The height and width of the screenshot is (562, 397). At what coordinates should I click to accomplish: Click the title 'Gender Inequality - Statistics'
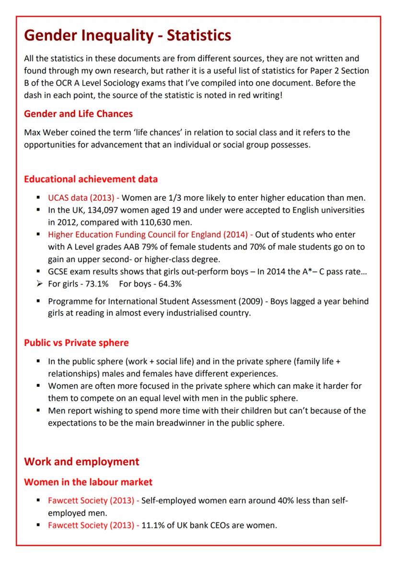pyautogui.click(x=128, y=36)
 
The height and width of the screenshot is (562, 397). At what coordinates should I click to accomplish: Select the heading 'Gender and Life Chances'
pyautogui.click(x=78, y=114)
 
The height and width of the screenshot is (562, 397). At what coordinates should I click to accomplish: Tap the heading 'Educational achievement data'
pyautogui.click(x=91, y=179)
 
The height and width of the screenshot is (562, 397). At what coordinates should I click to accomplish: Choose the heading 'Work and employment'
pyautogui.click(x=82, y=462)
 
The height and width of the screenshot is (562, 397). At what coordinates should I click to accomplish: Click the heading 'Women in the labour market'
pyautogui.click(x=88, y=481)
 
